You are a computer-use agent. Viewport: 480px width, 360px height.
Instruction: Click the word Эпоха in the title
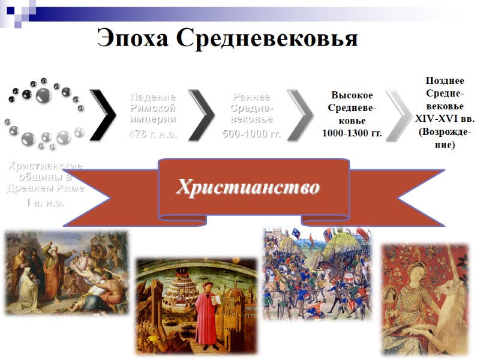click(133, 38)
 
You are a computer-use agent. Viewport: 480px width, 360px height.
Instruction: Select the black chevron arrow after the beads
click(103, 115)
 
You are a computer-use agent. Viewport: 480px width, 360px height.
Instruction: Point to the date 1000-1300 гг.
click(352, 133)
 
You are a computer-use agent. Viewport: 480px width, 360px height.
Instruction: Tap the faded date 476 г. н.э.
click(153, 133)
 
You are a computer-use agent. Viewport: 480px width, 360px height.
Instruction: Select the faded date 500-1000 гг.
click(251, 133)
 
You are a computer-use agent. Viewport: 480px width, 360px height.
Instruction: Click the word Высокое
click(352, 95)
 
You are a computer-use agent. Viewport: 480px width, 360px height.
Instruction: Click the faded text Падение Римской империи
click(153, 108)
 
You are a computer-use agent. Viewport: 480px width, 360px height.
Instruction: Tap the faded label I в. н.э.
click(44, 202)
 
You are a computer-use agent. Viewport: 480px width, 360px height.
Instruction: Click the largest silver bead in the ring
click(43, 95)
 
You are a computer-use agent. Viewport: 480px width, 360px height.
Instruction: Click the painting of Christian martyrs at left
click(66, 273)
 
